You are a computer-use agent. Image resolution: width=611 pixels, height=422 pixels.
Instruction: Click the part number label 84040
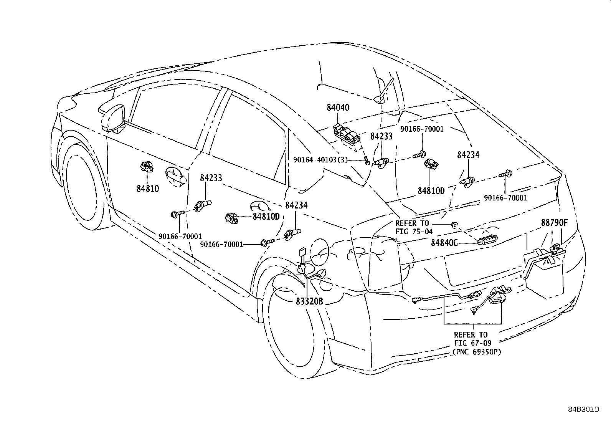pyautogui.click(x=338, y=108)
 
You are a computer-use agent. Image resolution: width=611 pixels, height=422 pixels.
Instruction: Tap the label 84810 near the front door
pyautogui.click(x=147, y=189)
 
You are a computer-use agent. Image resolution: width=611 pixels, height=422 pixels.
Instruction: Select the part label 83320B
pyautogui.click(x=309, y=301)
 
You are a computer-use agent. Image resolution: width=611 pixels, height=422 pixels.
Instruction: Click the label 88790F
pyautogui.click(x=555, y=223)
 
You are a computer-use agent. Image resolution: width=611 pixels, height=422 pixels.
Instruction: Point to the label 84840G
pyautogui.click(x=444, y=243)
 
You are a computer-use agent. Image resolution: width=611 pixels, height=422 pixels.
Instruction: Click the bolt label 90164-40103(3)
pyautogui.click(x=320, y=160)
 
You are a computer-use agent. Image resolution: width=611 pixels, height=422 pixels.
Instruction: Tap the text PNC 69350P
pyautogui.click(x=477, y=352)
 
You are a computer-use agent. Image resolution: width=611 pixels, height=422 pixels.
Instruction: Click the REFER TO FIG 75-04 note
pyautogui.click(x=414, y=227)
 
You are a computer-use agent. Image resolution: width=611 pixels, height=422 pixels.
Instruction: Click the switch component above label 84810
pyautogui.click(x=147, y=166)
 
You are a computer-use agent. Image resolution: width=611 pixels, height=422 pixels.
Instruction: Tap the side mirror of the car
pyautogui.click(x=113, y=118)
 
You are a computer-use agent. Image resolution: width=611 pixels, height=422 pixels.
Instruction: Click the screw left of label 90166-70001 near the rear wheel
pyautogui.click(x=268, y=242)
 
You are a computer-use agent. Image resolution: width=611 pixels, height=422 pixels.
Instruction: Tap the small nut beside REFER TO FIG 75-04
pyautogui.click(x=454, y=225)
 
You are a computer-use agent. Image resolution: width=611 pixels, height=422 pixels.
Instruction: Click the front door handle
pyautogui.click(x=176, y=177)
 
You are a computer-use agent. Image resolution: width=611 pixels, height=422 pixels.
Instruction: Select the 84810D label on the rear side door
pyautogui.click(x=266, y=217)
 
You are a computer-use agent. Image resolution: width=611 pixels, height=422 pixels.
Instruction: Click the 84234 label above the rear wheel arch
pyautogui.click(x=297, y=205)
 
